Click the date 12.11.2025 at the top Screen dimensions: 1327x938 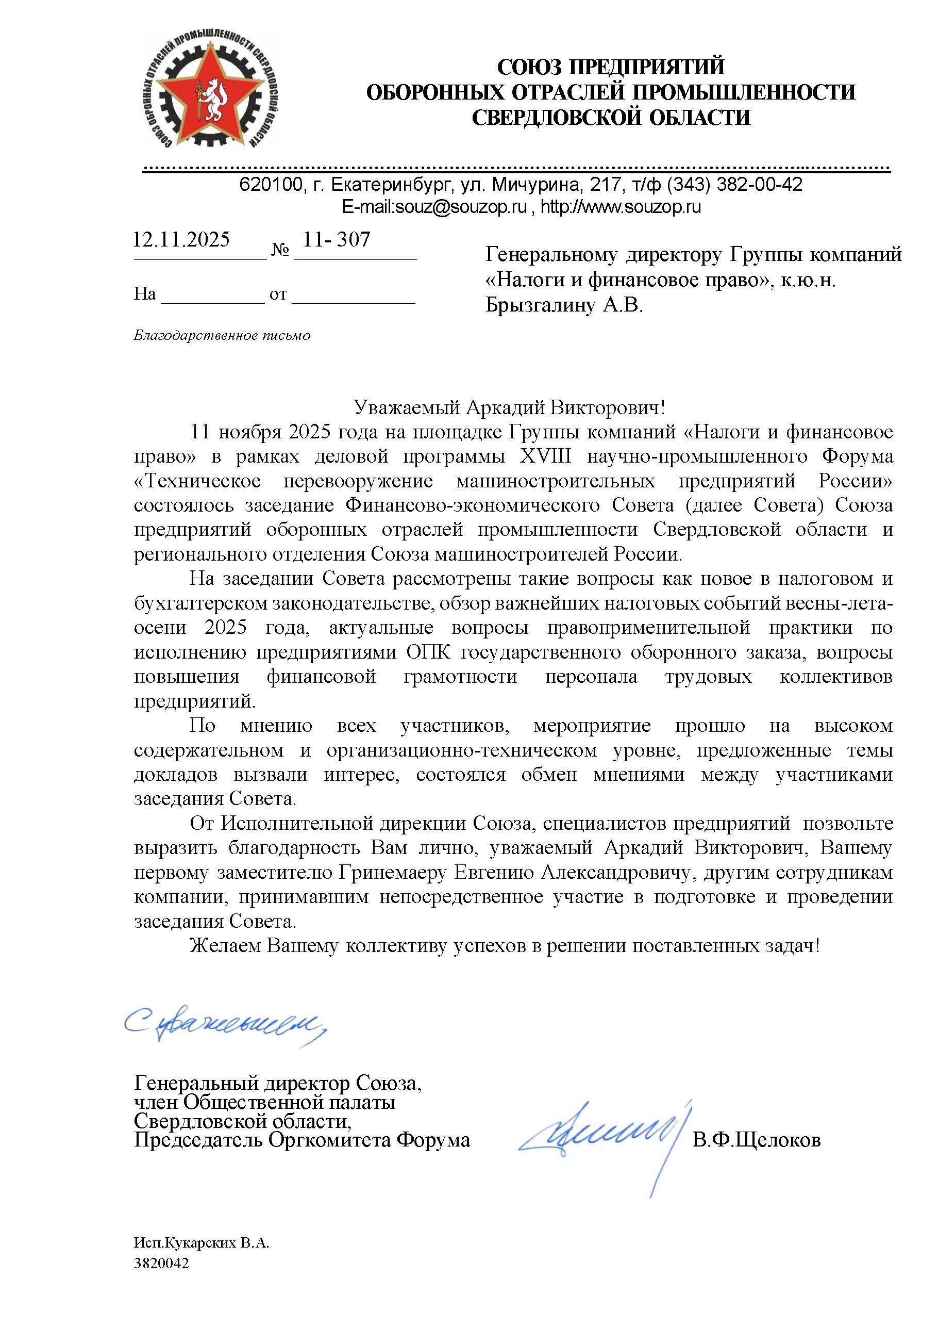[x=181, y=239]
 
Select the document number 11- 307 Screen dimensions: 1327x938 [x=337, y=239]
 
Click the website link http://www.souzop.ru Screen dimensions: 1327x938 [x=621, y=207]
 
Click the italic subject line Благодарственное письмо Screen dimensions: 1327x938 [x=222, y=336]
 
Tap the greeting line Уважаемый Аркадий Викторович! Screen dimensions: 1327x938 [x=509, y=407]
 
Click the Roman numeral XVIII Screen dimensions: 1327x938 [x=545, y=456]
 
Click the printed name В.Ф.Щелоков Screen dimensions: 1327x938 [x=756, y=1140]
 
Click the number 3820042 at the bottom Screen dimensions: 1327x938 [x=162, y=1264]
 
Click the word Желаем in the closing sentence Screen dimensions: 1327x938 [x=226, y=946]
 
